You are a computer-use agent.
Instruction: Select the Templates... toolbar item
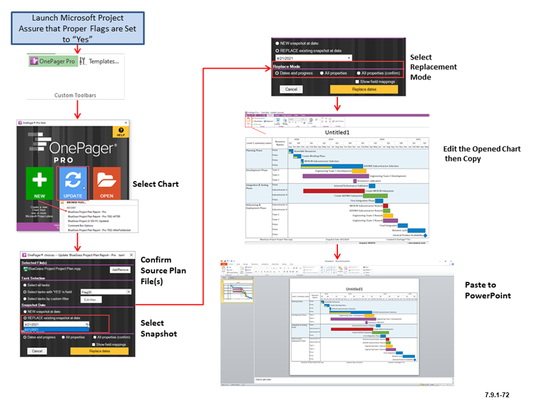click(x=101, y=61)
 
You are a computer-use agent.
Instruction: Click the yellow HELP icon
click(x=121, y=131)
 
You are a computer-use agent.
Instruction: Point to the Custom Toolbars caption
click(x=75, y=95)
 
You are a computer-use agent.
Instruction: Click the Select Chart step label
click(x=156, y=184)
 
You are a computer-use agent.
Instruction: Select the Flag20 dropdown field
click(x=106, y=292)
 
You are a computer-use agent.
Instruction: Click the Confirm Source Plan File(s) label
click(x=163, y=270)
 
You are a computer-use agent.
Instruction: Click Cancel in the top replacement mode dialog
click(x=291, y=89)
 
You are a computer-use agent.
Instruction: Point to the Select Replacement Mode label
click(x=433, y=67)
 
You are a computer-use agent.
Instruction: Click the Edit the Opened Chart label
click(x=482, y=153)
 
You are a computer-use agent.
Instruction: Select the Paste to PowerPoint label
click(x=489, y=290)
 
